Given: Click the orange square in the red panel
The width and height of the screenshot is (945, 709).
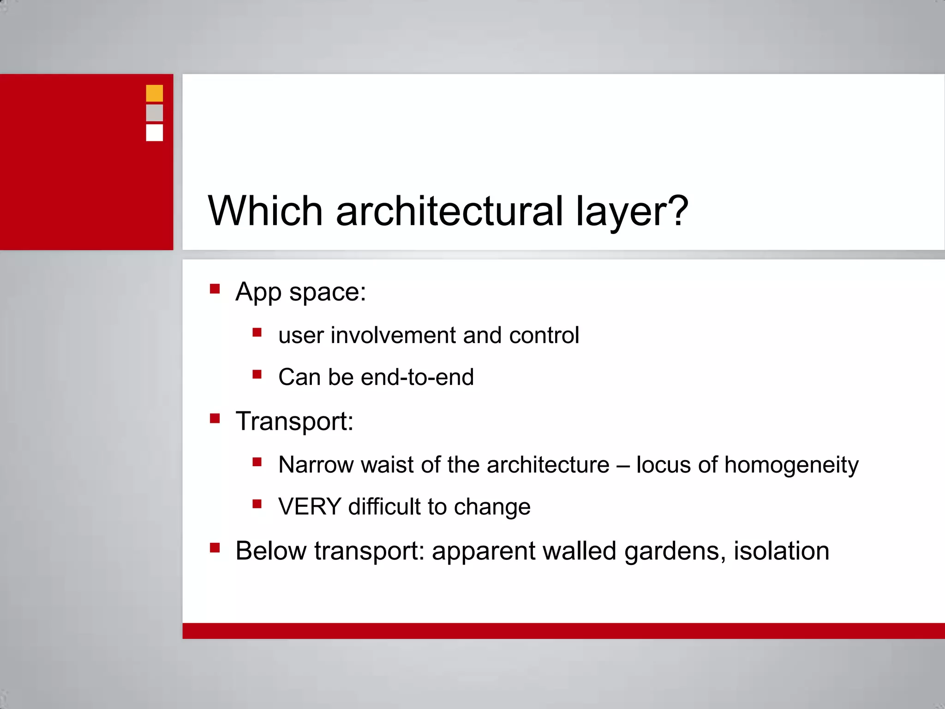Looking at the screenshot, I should click(x=154, y=93).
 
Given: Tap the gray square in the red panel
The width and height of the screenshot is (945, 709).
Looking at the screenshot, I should click(x=154, y=113).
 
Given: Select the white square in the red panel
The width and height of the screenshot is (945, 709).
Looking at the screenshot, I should click(x=154, y=132).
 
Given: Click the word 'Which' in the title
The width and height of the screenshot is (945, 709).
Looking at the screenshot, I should click(x=265, y=211).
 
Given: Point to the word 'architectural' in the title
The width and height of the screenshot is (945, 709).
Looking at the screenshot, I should click(x=449, y=211).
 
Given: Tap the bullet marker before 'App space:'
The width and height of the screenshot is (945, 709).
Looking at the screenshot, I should click(x=215, y=289).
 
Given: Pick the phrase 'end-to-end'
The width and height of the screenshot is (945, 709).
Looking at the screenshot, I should click(x=417, y=377).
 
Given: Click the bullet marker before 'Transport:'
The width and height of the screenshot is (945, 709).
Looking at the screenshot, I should click(x=215, y=419).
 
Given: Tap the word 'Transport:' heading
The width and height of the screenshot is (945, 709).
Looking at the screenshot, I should click(x=294, y=421).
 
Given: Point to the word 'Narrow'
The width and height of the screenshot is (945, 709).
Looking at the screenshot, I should click(x=316, y=465).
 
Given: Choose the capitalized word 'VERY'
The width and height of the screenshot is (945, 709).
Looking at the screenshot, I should click(x=310, y=507).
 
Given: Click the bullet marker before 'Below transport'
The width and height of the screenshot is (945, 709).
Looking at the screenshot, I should click(x=215, y=548).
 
